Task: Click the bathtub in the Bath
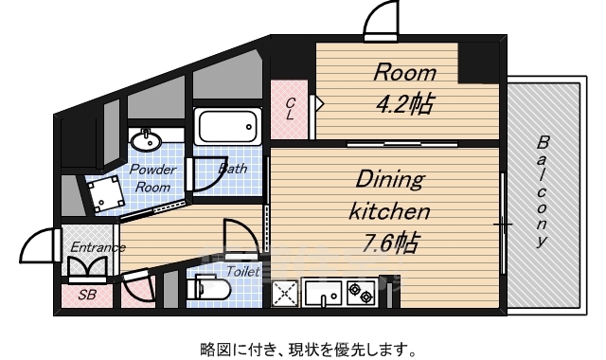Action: (x=227, y=126)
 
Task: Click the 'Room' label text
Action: (x=404, y=72)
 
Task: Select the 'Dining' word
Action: (x=390, y=178)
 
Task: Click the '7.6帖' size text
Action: (x=390, y=243)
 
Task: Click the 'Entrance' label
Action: (x=98, y=248)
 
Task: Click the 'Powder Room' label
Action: (x=151, y=177)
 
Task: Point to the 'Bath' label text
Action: (x=232, y=170)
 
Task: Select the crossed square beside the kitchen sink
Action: (x=286, y=295)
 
